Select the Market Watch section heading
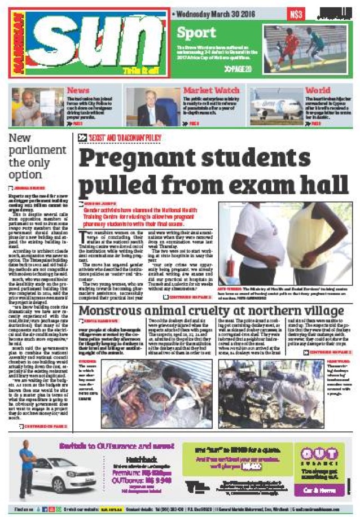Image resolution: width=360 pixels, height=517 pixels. pos(211,90)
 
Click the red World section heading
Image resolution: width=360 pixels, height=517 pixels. pos(318,90)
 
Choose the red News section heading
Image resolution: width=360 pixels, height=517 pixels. pos(78,90)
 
